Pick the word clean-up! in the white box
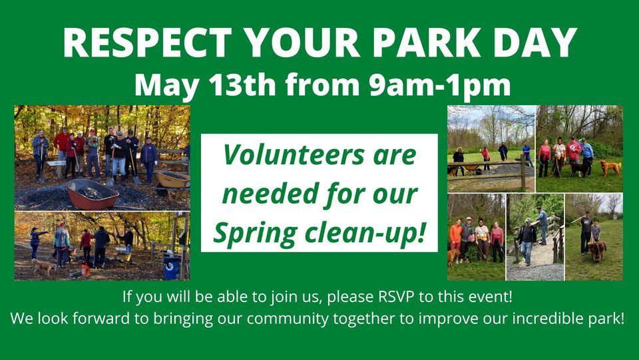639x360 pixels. [x=370, y=234]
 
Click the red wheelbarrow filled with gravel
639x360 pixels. [x=93, y=194]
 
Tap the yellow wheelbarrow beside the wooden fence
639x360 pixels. [x=172, y=178]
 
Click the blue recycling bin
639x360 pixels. [x=172, y=268]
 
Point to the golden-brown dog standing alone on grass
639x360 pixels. [x=610, y=167]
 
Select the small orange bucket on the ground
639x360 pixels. [x=85, y=270]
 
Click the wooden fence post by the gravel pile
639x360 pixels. [x=523, y=174]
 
